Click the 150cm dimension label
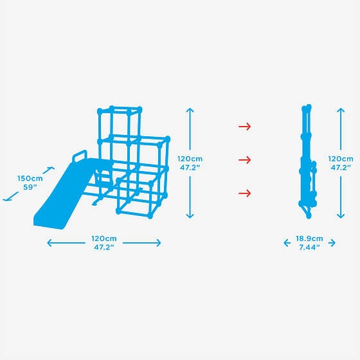pos(30,179)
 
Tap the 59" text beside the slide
pos(30,187)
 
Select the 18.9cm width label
pos(309,239)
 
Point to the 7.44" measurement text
pos(309,248)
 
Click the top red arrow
pos(245,126)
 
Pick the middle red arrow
pos(245,160)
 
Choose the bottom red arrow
pos(245,194)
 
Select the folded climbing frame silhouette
pos(308,161)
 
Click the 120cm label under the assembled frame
pos(104,239)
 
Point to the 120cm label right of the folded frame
pos(341,159)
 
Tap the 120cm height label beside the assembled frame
pos(190,159)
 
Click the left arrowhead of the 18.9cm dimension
pos(287,243)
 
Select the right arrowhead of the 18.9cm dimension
pos(332,243)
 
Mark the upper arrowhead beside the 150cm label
pos(51,168)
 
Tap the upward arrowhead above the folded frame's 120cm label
pos(341,110)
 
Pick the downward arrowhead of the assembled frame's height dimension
pos(190,216)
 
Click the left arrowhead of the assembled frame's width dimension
pos(50,243)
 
